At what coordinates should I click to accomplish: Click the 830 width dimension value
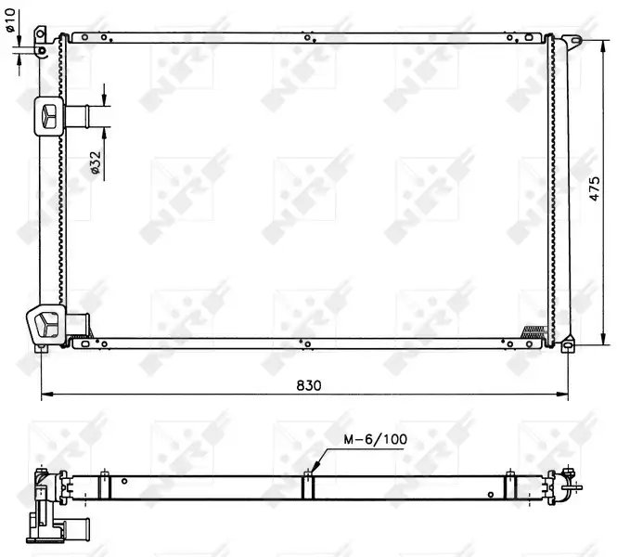coord(308,385)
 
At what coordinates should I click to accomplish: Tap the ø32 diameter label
coord(96,162)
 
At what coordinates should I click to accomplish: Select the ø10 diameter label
coord(10,20)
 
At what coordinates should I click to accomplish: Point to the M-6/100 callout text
coord(375,439)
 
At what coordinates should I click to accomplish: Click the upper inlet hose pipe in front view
coord(77,116)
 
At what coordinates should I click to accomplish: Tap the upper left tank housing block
coord(48,117)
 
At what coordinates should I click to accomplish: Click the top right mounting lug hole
coord(576,40)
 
